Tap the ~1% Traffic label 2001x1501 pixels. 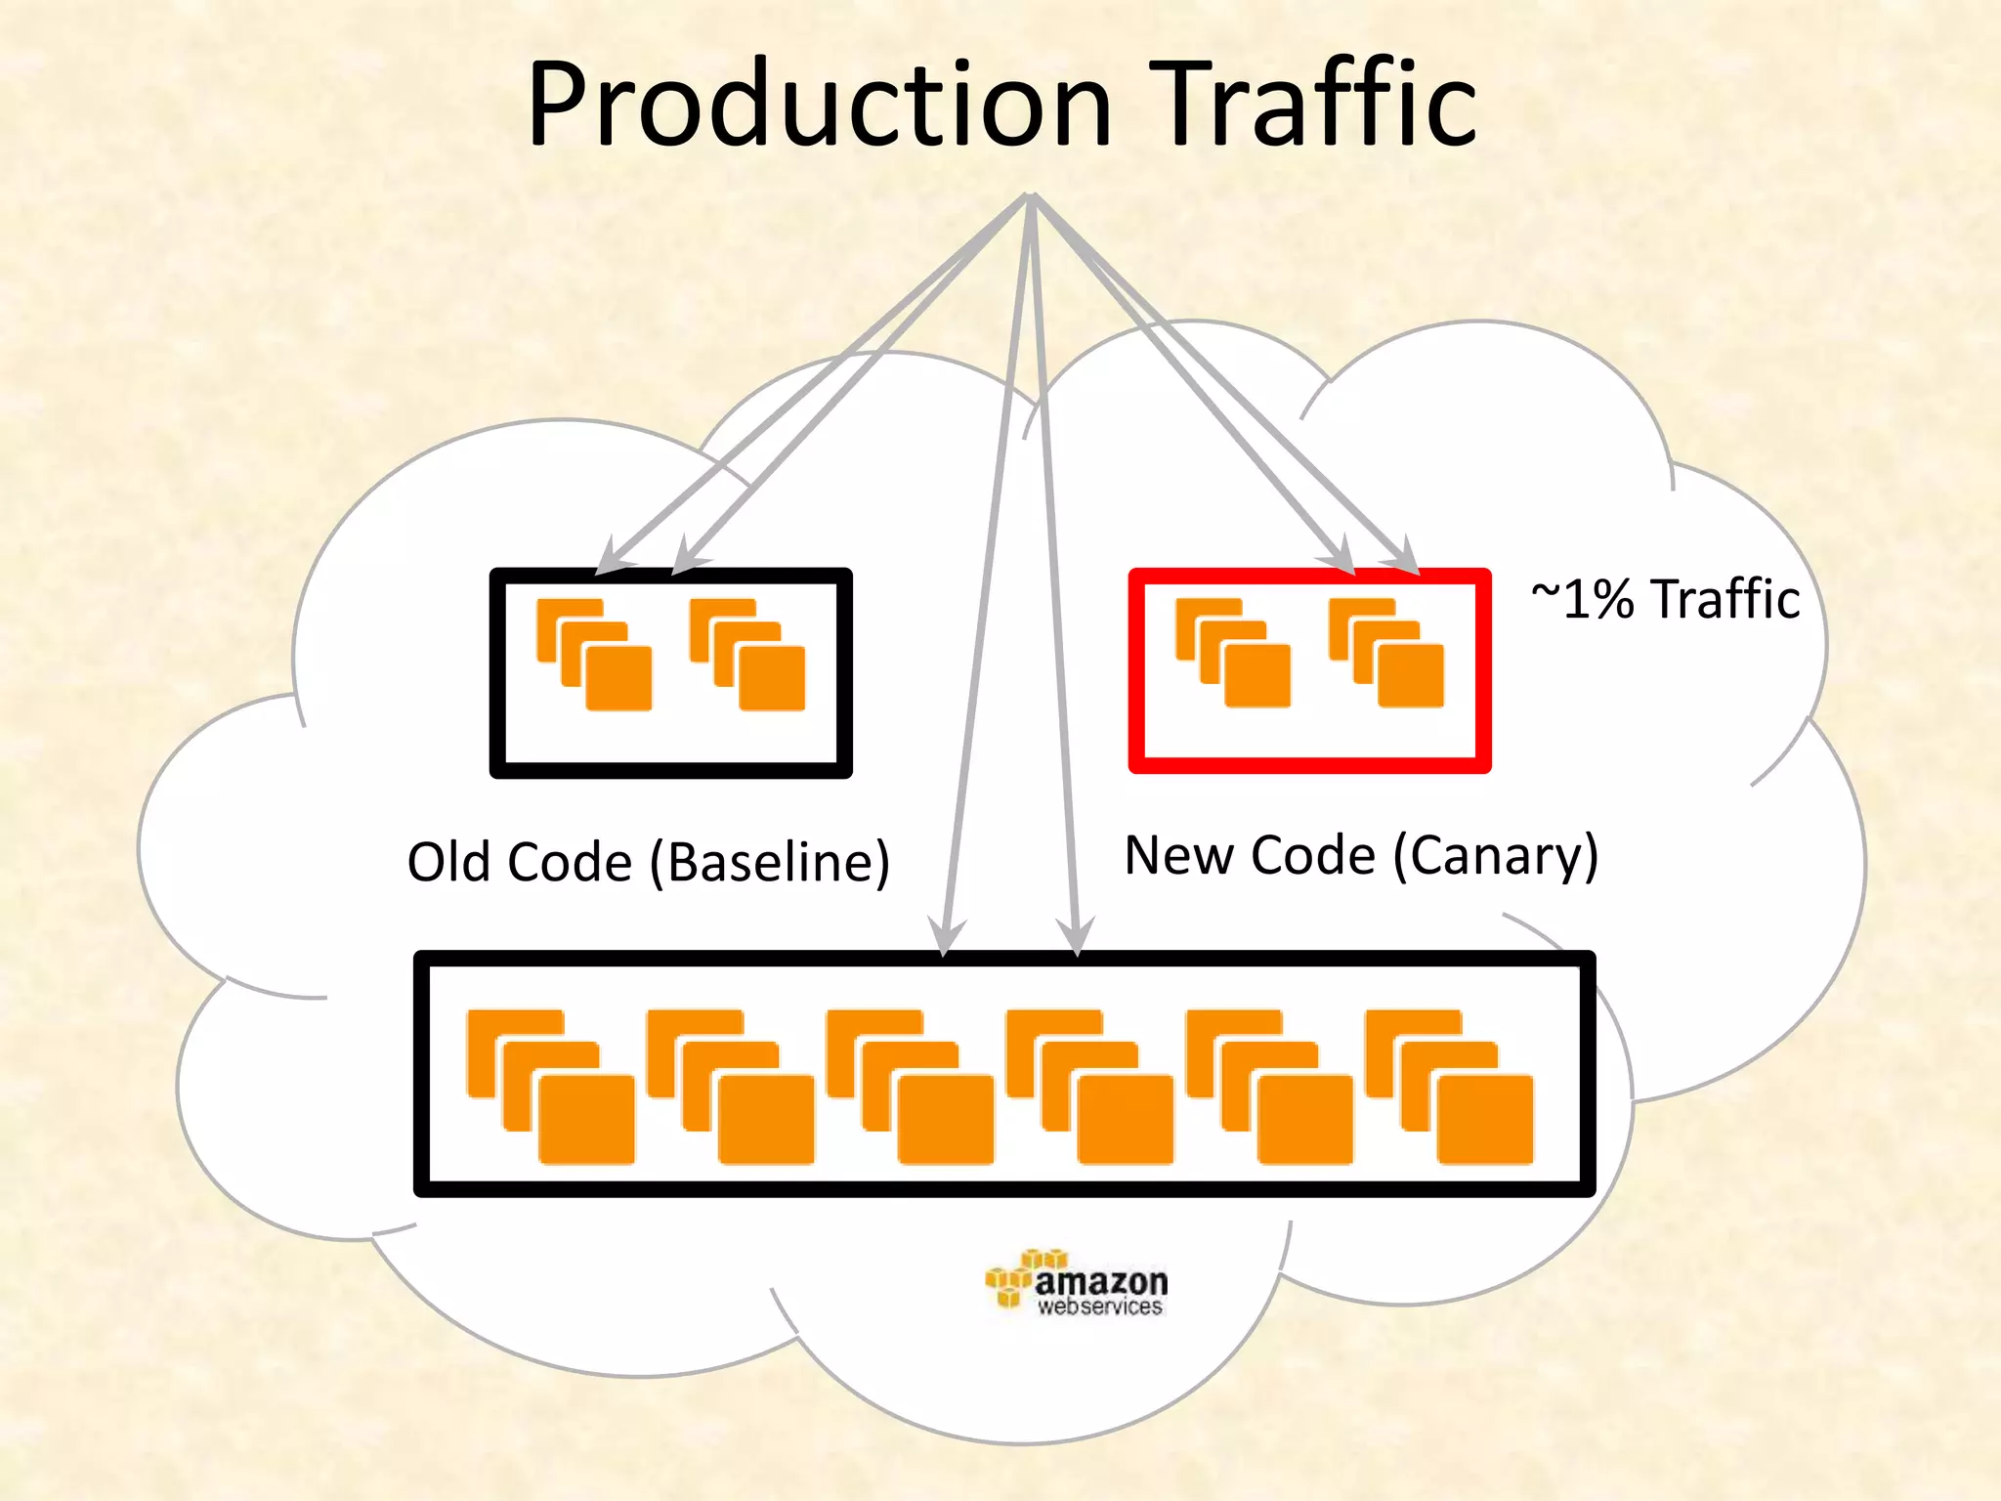(x=1665, y=599)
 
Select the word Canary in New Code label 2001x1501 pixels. (x=1495, y=856)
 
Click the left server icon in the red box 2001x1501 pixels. (x=1233, y=653)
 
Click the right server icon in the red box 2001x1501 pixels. (x=1385, y=653)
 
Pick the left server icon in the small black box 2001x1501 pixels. (x=594, y=655)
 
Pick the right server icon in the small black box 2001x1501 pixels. (x=747, y=655)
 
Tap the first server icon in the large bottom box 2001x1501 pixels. (x=551, y=1087)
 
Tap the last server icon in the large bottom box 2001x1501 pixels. (x=1449, y=1087)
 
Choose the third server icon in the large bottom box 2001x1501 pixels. (x=910, y=1087)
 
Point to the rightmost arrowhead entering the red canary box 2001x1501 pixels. (x=1407, y=557)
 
